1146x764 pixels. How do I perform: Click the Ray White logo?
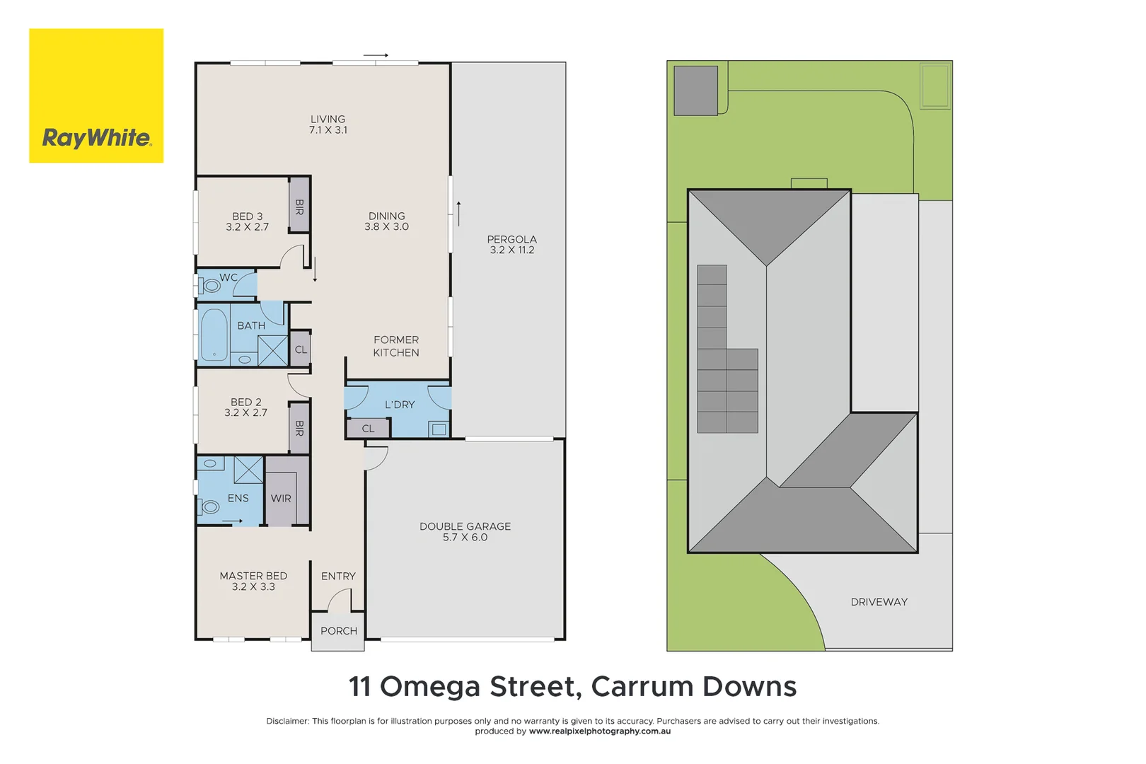96,96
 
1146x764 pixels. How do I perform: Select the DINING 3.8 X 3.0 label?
386,221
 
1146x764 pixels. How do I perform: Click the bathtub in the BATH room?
214,335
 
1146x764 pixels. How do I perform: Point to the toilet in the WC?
210,286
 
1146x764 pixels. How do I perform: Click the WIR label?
281,498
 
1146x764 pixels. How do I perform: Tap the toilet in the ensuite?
210,507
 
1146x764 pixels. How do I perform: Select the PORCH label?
338,631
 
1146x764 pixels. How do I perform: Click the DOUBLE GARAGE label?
465,531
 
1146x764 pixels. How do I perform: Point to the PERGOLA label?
511,244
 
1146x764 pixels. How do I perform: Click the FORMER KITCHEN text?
396,346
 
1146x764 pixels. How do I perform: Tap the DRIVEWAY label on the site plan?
879,602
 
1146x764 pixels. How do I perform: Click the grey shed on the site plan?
695,91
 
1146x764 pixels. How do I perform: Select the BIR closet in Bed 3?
299,206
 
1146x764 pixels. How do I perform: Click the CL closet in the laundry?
368,429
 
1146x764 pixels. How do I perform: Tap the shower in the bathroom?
272,351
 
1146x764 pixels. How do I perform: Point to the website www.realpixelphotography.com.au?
599,731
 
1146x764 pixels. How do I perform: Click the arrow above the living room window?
376,55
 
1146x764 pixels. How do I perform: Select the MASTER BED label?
253,581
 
